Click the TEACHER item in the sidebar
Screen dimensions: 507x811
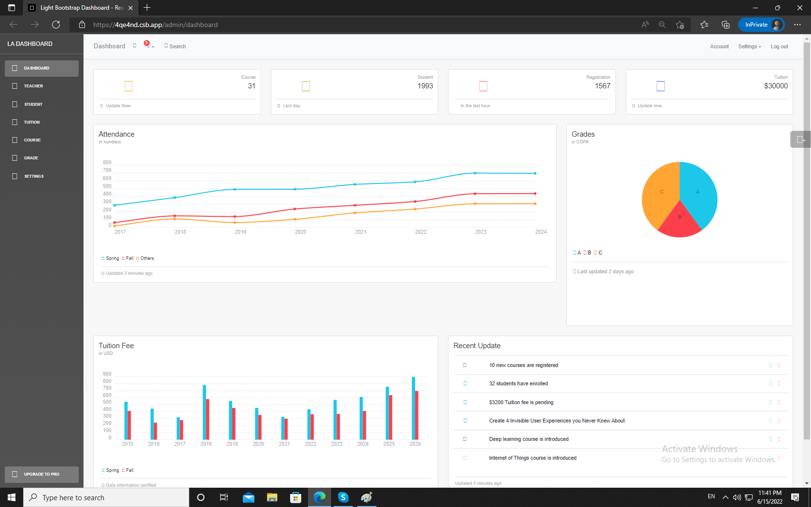(33, 86)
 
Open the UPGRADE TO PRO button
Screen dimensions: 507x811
(42, 474)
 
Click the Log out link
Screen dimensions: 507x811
(779, 46)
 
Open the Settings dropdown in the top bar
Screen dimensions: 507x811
(749, 46)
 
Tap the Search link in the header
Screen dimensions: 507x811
(177, 46)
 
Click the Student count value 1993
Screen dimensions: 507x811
(425, 86)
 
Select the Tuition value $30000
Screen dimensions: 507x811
(775, 86)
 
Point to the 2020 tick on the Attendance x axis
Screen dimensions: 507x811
(300, 232)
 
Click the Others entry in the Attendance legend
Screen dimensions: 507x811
(147, 258)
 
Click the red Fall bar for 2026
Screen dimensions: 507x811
(417, 415)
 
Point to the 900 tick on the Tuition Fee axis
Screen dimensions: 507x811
(107, 374)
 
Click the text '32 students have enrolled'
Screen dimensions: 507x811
(518, 384)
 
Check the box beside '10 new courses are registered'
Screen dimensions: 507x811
(465, 365)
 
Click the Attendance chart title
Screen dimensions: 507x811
(116, 134)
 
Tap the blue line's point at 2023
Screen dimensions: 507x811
(475, 173)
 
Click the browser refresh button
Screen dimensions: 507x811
(56, 25)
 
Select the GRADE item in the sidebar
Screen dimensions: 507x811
(31, 158)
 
